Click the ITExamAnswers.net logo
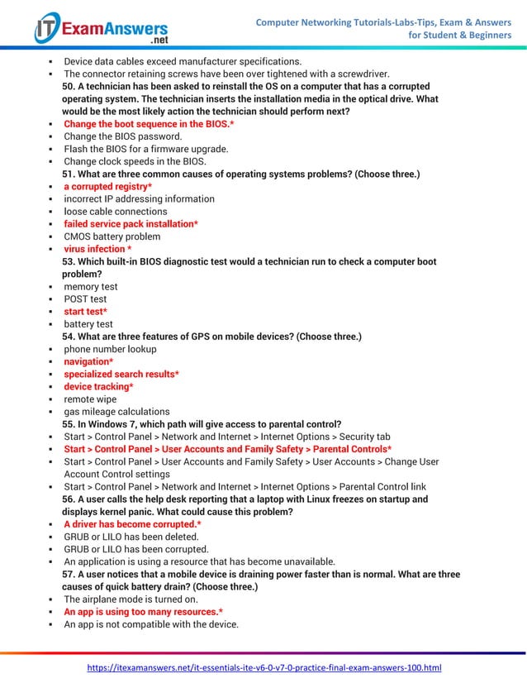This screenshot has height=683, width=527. click(x=100, y=28)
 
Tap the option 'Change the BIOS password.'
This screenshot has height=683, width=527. click(x=123, y=136)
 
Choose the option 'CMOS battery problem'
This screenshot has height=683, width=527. click(x=112, y=236)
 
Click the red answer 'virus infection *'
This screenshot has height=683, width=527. click(x=97, y=249)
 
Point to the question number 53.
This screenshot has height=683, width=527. click(x=69, y=262)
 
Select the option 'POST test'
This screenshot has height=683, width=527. click(x=85, y=299)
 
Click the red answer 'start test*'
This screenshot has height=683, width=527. click(x=86, y=312)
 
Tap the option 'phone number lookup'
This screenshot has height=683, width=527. click(x=110, y=349)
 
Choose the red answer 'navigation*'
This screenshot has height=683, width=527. click(x=88, y=361)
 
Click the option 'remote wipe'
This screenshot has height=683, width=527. click(x=93, y=399)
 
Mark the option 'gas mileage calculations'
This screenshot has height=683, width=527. click(x=116, y=412)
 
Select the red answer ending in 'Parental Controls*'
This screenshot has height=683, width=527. click(x=227, y=449)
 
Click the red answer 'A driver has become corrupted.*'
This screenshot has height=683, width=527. click(x=132, y=524)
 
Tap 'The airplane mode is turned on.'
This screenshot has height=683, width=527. click(x=131, y=599)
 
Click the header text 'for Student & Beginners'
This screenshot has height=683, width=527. click(x=460, y=36)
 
